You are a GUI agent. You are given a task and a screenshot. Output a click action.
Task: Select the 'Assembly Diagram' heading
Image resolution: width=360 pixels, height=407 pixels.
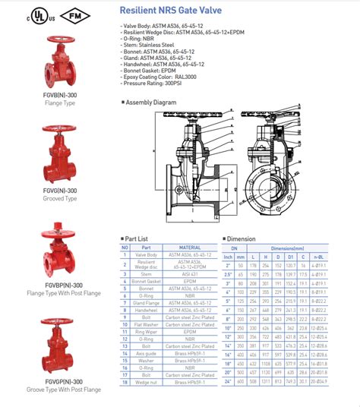click(151, 102)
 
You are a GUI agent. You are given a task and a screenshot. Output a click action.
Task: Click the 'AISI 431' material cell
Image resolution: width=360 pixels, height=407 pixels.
click(190, 274)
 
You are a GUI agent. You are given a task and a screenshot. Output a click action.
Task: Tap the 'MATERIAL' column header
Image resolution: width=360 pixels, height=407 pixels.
click(190, 247)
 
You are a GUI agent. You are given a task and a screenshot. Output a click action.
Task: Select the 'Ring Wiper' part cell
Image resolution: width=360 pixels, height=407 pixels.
click(147, 332)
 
